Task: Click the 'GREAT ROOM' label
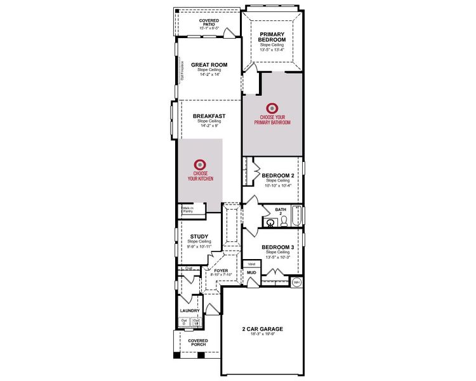(209, 65)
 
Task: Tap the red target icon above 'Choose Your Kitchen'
(200, 163)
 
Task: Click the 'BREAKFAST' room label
(209, 116)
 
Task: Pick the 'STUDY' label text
(199, 236)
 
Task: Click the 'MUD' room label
(251, 272)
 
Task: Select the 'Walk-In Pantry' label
(188, 210)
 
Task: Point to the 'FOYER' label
(220, 271)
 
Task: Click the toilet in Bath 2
(284, 220)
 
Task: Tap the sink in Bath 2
(270, 222)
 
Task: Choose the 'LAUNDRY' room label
(190, 311)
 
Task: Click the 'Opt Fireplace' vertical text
(183, 70)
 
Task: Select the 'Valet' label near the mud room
(251, 263)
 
